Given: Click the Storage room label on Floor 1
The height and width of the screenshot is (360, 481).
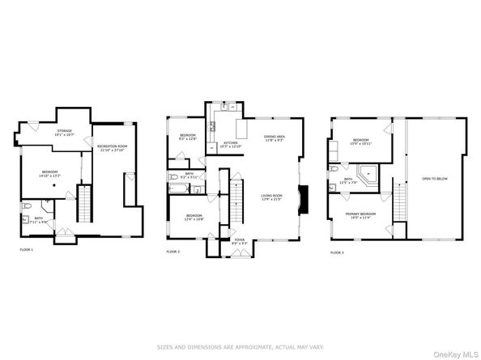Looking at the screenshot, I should point(65,133).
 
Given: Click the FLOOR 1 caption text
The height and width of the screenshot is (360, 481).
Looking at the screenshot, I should point(27,250).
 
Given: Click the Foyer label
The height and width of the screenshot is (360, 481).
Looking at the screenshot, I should point(240,241).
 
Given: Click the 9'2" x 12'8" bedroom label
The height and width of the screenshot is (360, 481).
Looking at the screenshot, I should point(188,137).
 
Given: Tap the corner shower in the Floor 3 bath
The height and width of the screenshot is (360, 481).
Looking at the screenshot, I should point(368,173).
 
